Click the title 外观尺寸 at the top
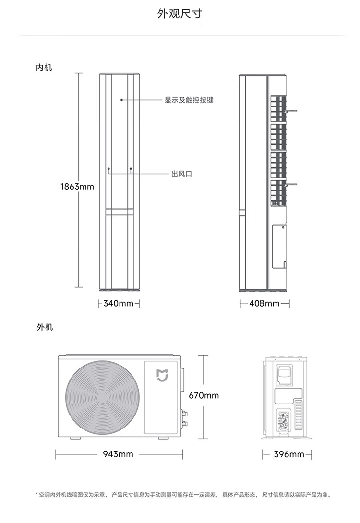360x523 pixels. click(x=180, y=14)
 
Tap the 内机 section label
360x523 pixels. click(x=44, y=67)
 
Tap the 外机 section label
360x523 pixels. click(x=45, y=327)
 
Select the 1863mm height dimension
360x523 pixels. click(x=77, y=187)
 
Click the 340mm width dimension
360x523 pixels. click(x=119, y=304)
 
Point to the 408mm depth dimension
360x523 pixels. click(x=264, y=304)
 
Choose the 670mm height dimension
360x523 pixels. click(x=204, y=395)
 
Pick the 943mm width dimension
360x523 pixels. click(x=118, y=454)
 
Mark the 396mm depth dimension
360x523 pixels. click(x=289, y=454)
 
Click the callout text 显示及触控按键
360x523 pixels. click(x=189, y=100)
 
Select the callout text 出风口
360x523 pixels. click(x=182, y=174)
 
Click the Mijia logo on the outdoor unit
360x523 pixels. click(x=162, y=375)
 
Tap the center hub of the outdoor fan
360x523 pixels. click(x=102, y=397)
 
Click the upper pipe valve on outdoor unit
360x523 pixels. click(x=184, y=414)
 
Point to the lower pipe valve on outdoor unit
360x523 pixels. click(x=184, y=424)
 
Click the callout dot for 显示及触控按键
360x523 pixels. click(x=122, y=100)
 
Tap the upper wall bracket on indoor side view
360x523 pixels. click(x=292, y=111)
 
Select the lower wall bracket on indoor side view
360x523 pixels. click(x=292, y=184)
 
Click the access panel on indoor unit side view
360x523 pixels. click(x=279, y=247)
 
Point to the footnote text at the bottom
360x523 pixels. click(x=183, y=495)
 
